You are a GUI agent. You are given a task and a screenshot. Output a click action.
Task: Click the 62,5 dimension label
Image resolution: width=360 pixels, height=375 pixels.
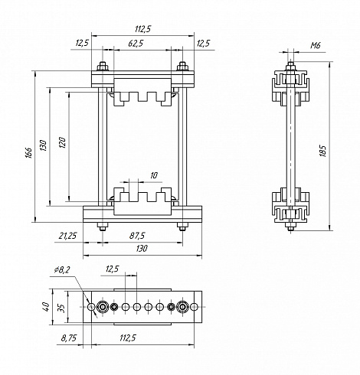136,44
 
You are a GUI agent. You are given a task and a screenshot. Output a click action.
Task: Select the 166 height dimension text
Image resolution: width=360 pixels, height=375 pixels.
29,152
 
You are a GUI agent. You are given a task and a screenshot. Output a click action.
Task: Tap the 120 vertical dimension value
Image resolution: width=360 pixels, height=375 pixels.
62,142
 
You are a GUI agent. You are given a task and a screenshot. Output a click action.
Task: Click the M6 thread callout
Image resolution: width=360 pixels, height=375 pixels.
316,46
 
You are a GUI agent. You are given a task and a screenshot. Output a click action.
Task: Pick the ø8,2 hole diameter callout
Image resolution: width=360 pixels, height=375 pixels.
61,269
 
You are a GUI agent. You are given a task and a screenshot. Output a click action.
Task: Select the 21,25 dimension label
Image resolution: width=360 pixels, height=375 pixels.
67,236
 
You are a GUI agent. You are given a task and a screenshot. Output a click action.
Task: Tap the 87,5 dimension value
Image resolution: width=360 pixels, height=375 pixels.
137,236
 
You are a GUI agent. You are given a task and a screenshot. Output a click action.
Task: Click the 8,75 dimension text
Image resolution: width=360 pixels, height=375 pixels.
68,338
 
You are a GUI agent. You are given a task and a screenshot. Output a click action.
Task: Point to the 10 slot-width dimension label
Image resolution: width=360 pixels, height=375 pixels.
154,175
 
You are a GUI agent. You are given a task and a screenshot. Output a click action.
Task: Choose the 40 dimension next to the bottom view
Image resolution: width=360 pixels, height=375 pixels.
45,306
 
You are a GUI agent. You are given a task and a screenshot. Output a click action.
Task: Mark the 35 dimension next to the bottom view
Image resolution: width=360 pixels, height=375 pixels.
61,308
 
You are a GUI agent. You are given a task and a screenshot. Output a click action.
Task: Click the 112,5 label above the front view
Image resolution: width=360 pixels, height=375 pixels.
143,29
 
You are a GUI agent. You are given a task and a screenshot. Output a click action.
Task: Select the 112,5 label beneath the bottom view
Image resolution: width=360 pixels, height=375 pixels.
128,338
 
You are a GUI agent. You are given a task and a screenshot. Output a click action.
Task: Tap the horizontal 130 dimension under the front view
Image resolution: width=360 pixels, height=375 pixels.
142,248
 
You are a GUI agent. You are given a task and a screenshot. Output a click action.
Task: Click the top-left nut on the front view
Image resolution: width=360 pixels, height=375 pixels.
103,67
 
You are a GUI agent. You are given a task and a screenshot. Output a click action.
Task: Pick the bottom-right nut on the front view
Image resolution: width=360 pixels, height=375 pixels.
182,227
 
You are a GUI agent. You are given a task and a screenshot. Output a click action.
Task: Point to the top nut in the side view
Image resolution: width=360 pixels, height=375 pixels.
290,67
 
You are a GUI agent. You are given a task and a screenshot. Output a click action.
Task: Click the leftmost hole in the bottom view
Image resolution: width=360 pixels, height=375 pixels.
91,307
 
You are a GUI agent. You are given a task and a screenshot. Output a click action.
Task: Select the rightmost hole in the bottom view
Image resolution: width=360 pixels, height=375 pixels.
194,307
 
